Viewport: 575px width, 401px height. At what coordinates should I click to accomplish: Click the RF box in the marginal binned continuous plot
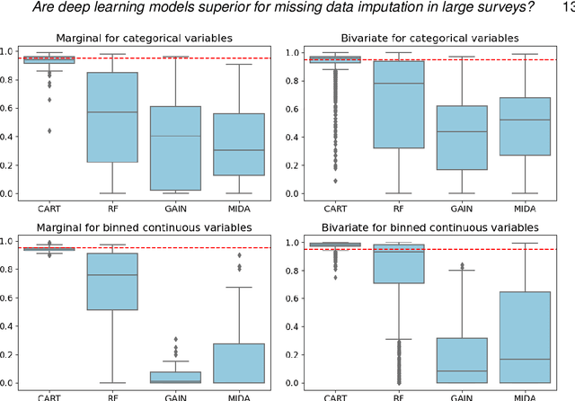[111, 281]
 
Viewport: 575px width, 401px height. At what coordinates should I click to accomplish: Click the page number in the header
[567, 8]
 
